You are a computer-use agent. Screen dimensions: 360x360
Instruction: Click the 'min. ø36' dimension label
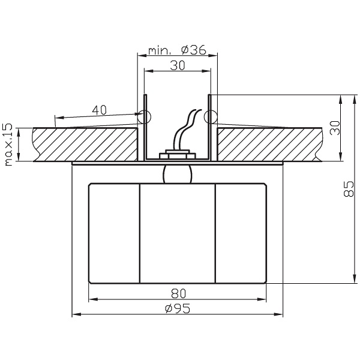click(x=176, y=50)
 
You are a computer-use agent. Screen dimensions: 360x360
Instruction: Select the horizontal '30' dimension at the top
click(x=176, y=67)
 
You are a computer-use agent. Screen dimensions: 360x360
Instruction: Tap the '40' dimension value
click(x=100, y=109)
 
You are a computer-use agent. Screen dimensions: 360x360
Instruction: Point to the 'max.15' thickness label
click(x=9, y=145)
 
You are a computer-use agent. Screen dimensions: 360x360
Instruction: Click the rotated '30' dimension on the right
click(x=335, y=128)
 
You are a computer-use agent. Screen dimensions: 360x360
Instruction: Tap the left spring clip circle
click(x=144, y=116)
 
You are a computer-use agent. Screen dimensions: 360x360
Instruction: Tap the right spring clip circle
click(x=209, y=116)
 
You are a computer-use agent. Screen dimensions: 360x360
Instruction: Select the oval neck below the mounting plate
click(x=176, y=174)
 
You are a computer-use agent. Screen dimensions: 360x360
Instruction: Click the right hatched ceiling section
click(x=270, y=144)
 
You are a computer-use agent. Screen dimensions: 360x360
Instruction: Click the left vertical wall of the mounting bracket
click(x=144, y=138)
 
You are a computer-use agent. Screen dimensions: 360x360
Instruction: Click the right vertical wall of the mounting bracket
click(x=209, y=138)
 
